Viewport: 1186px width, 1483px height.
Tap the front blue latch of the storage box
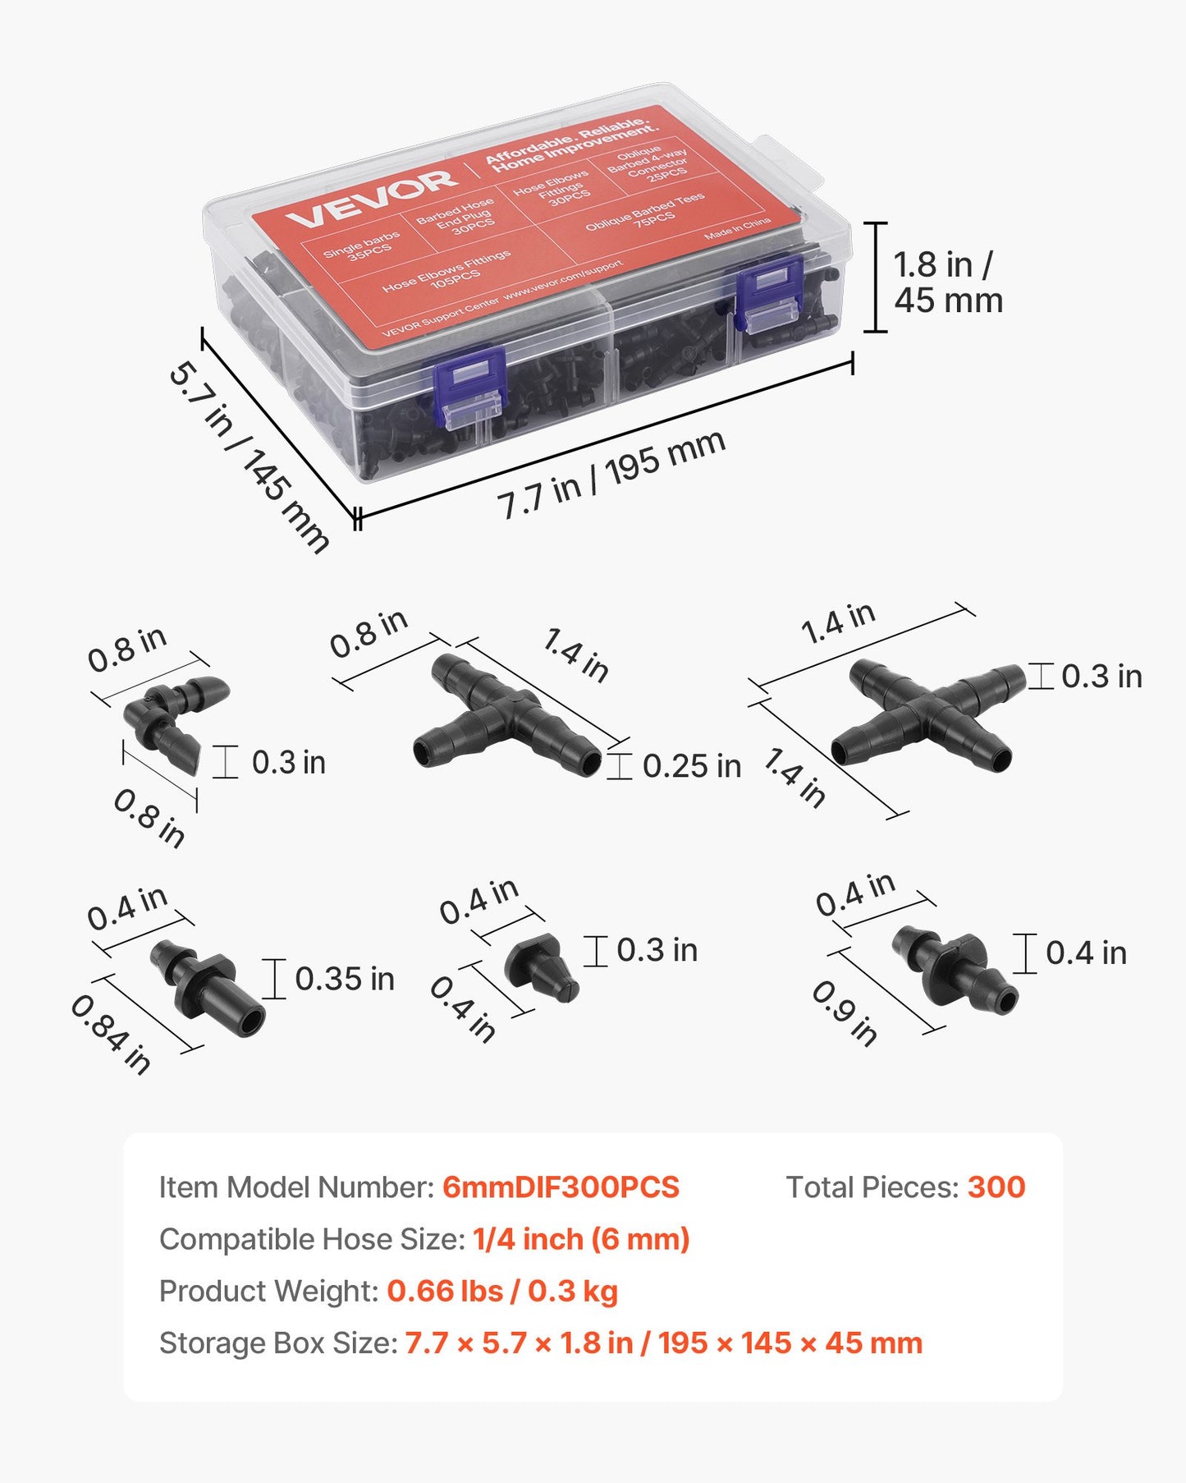coord(469,386)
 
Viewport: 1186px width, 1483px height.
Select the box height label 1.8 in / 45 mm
coord(948,282)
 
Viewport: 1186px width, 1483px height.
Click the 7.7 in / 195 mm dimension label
coord(611,475)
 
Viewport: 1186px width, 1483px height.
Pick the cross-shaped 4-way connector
coord(928,714)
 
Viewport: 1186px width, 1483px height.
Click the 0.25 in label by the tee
coord(691,766)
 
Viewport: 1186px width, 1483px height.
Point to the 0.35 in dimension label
coord(345,979)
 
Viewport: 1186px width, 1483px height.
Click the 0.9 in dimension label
coord(845,1013)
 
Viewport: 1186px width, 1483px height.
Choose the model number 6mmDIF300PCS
coord(561,1187)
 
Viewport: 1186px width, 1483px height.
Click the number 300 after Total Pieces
coord(996,1187)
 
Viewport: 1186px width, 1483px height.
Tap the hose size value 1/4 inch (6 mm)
coord(581,1239)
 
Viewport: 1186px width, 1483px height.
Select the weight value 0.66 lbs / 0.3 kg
coord(502,1291)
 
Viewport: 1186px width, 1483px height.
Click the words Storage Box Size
coord(278,1343)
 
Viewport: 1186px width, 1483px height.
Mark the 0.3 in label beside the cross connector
coord(1101,677)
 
